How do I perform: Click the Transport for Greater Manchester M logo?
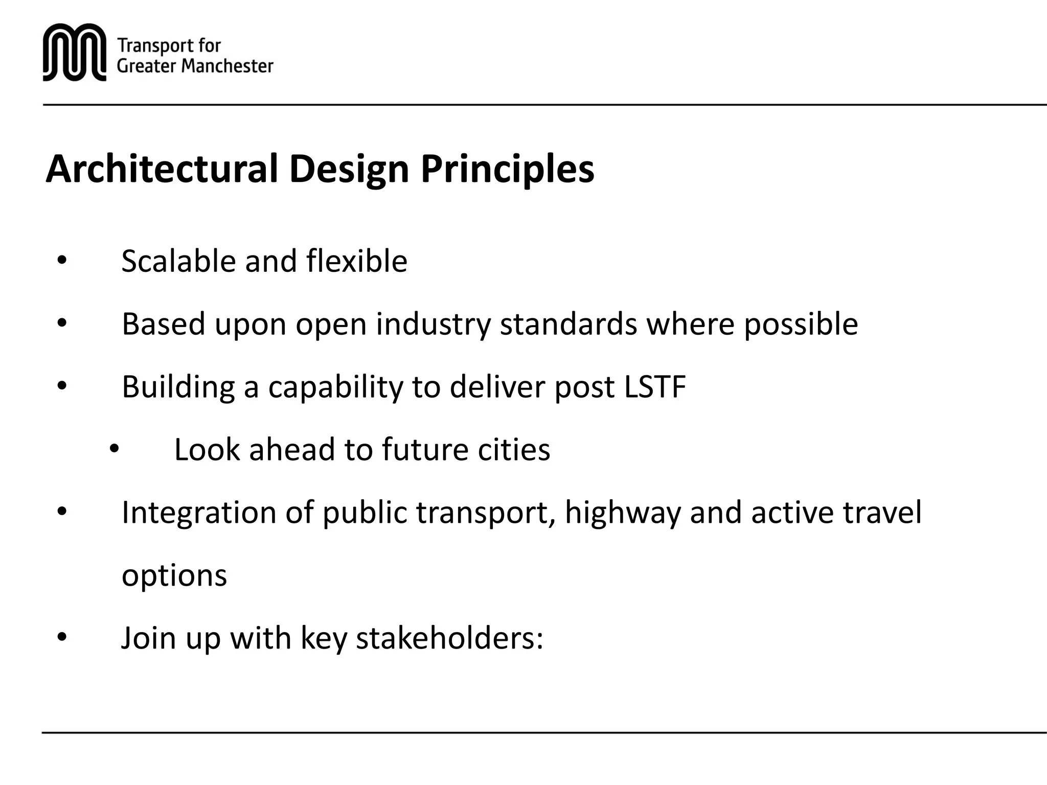tap(75, 53)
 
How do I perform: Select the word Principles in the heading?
tap(507, 170)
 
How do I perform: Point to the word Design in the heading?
tap(349, 170)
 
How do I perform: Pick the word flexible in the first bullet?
tap(357, 261)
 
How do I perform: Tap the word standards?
tap(568, 324)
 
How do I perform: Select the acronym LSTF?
tap(655, 387)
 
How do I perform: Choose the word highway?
tap(622, 513)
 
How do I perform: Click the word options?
tap(174, 576)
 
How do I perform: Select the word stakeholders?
tap(449, 638)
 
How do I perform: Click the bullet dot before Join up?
tap(62, 638)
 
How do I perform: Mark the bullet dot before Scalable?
tap(62, 261)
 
